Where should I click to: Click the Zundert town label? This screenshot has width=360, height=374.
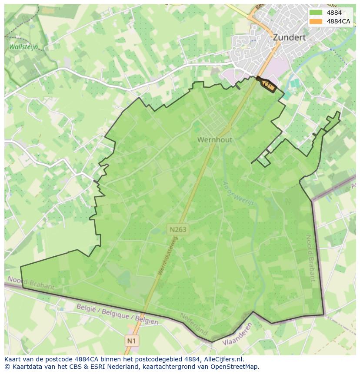coord(289,38)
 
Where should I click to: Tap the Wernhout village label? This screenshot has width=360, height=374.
coord(215,140)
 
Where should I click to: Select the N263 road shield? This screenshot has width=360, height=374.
coord(178,229)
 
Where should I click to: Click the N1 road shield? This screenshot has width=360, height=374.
coord(131,341)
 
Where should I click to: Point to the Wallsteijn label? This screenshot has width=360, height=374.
coord(23,46)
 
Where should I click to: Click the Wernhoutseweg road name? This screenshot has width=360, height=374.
coord(168,256)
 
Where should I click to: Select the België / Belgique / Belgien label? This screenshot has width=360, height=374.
coord(117,314)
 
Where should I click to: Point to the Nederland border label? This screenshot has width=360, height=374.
coord(194,324)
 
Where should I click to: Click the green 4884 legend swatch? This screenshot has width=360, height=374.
coord(316,13)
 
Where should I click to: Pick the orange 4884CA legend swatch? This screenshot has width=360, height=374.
coord(316,21)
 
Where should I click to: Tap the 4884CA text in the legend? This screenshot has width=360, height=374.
coord(339,21)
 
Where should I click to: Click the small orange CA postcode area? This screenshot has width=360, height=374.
coord(267,84)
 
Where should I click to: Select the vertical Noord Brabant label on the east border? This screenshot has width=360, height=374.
coord(310,258)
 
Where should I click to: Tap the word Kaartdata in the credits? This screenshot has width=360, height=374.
coord(25,367)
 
